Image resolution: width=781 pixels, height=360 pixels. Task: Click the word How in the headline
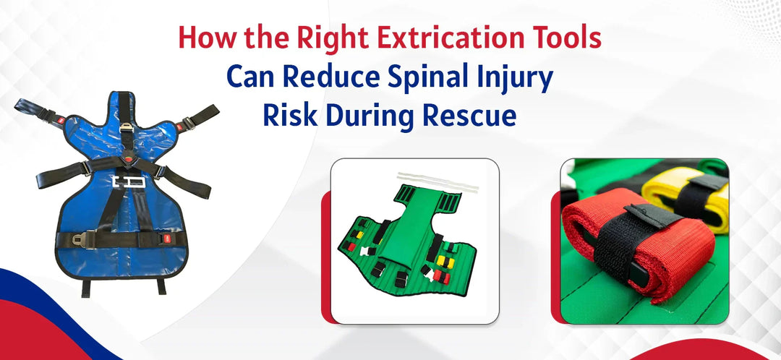[x=206, y=38]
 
